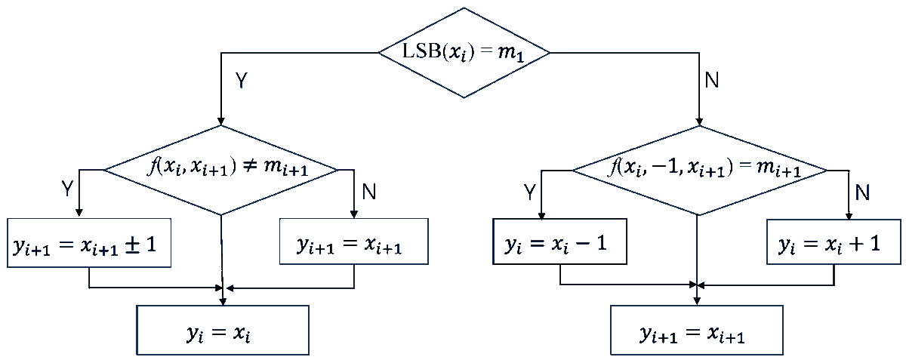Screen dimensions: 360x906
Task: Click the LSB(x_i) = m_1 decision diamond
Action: click(464, 53)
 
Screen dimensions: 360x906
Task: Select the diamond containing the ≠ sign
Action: click(220, 170)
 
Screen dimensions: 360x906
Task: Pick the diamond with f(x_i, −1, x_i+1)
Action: click(699, 170)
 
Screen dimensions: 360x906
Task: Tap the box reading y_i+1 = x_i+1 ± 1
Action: click(89, 243)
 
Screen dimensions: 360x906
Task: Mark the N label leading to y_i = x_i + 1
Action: click(862, 192)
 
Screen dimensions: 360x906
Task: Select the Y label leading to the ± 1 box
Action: click(67, 189)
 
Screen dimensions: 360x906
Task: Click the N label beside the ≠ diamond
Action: click(369, 192)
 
